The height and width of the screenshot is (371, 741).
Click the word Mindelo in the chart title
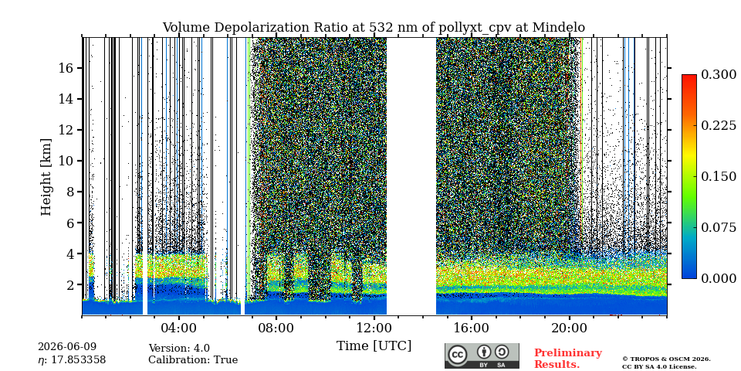[559, 28]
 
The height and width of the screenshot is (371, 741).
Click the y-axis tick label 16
[66, 68]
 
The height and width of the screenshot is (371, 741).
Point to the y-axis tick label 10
[66, 161]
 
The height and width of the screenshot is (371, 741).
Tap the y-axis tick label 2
[70, 285]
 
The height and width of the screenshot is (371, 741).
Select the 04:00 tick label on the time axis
[178, 328]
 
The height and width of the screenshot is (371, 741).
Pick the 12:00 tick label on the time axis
[374, 328]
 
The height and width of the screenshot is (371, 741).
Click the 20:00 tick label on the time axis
[569, 328]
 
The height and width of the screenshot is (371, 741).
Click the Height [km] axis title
[46, 177]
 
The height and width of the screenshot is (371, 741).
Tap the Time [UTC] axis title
[374, 346]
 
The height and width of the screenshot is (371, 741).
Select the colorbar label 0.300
[719, 75]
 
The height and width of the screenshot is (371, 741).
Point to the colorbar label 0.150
[719, 176]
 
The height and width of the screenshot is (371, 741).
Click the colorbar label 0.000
[719, 278]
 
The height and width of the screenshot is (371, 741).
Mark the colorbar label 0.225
[719, 125]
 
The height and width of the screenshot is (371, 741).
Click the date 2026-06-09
[67, 347]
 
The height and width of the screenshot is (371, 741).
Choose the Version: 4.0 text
[179, 349]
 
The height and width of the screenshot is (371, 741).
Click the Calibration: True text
[193, 360]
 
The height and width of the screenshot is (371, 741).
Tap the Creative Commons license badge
[482, 356]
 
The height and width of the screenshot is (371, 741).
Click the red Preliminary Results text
[568, 359]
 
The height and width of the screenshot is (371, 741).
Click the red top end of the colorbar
[689, 76]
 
